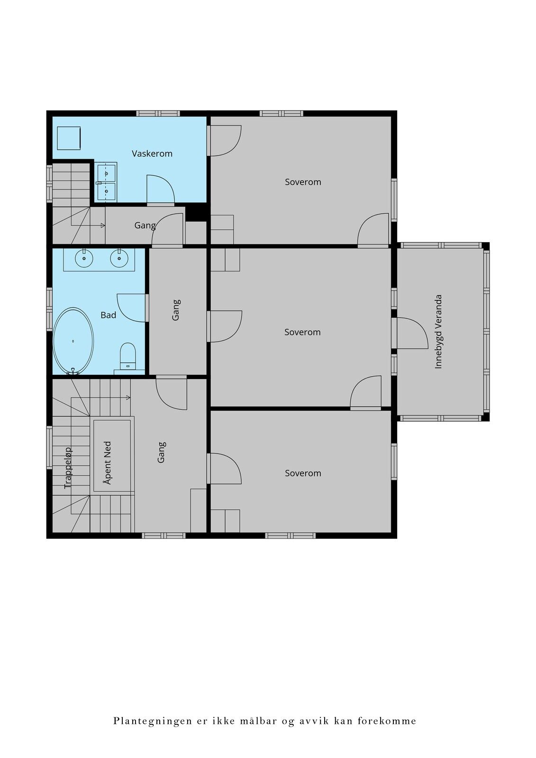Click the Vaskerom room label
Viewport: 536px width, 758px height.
coord(152,153)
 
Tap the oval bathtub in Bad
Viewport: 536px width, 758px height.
coord(73,341)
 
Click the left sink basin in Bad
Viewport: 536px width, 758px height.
coord(83,258)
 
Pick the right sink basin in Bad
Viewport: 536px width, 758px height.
coord(119,258)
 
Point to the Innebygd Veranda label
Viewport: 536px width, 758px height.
coord(438,332)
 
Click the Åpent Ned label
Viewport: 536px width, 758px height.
coord(108,462)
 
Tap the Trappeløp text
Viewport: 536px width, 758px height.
coord(68,468)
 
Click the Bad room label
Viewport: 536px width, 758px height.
coord(109,315)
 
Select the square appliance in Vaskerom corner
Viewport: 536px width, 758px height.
coord(69,138)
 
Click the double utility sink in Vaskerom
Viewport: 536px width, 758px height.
coord(106,182)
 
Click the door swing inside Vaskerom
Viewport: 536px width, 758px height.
coord(161,190)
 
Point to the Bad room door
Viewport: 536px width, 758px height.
coord(133,307)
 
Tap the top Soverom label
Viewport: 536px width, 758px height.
coord(303,182)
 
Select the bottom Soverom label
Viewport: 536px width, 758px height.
coord(303,473)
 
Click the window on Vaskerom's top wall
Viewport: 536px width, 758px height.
coord(158,113)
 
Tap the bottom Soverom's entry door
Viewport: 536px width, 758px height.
coord(224,469)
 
